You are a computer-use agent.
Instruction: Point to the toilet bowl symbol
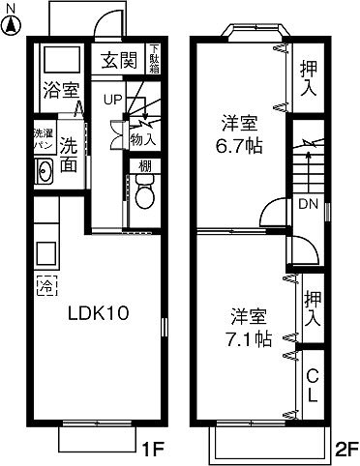pos(144,196)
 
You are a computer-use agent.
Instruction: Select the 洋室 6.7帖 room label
pos(239,134)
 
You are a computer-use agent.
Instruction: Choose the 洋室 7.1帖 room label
pos(249,329)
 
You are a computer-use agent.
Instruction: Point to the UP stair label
pos(112,100)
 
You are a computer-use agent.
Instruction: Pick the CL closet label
pos(313,385)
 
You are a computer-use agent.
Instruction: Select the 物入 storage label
pos(144,141)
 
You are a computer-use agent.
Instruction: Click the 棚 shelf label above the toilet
pos(144,166)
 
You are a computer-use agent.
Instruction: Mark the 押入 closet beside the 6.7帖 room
pos(309,76)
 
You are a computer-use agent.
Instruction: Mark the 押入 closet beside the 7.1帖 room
pos(312,308)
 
